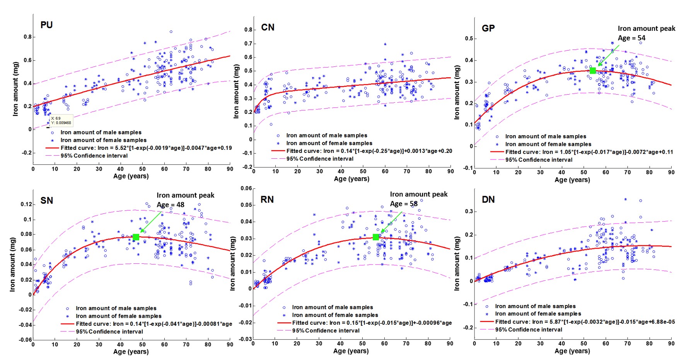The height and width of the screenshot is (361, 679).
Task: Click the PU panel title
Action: coord(46,25)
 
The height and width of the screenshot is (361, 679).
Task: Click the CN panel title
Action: coord(268,27)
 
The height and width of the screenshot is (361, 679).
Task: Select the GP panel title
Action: coord(488,28)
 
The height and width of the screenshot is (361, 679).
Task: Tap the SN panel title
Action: coord(47,200)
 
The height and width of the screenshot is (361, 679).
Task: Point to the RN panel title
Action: coord(267,200)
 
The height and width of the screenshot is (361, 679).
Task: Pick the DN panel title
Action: coord(488,200)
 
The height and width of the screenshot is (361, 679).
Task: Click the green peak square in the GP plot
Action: coord(593,71)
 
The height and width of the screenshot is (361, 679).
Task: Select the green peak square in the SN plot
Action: coord(136,237)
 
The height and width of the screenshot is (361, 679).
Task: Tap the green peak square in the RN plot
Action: coord(375,237)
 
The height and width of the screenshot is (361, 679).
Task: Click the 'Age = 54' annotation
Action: coord(631,38)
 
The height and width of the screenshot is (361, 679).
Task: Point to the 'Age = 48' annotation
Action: coord(171,205)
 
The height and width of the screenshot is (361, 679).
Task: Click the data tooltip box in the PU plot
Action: coord(61,120)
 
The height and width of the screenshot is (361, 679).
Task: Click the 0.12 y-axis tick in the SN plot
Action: coord(26,204)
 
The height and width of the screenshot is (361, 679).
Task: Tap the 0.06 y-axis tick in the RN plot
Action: coord(246,188)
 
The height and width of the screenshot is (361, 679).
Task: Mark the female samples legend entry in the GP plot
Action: coord(548,144)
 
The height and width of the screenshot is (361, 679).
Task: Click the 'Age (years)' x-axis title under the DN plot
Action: coord(572,351)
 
